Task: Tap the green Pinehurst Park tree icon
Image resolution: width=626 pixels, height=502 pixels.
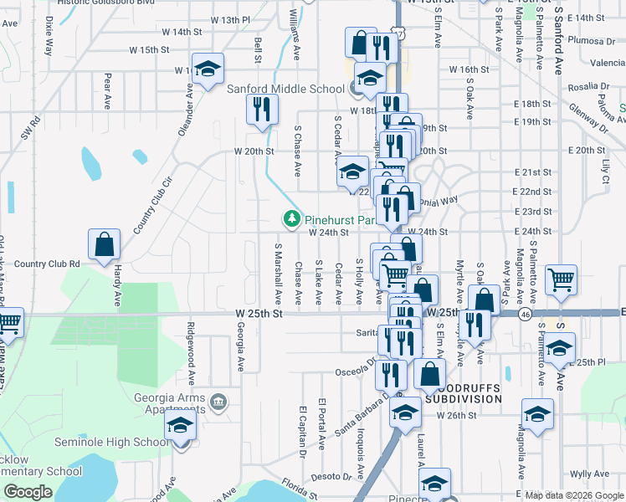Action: point(292,219)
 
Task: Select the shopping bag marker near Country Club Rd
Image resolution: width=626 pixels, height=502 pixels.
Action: point(104,245)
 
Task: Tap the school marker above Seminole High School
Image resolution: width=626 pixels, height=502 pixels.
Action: point(181,425)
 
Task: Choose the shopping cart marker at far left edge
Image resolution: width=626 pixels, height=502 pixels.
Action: point(8,322)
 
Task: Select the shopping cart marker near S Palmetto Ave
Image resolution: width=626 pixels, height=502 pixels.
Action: point(561,280)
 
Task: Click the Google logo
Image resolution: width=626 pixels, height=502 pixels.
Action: point(28,492)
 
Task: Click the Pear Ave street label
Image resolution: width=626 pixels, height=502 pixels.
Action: point(108,91)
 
